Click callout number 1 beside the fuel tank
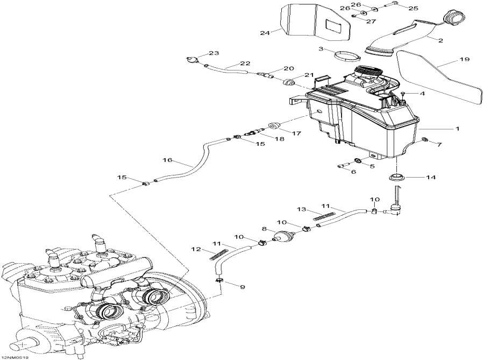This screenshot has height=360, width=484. coord(457,129)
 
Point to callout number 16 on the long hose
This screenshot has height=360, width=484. coord(167,160)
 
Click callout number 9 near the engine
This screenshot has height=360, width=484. coord(242,287)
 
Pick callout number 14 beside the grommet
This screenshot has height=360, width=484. coord(431,177)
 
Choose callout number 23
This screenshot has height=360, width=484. coord(214,53)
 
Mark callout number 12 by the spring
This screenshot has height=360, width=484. coord(196,249)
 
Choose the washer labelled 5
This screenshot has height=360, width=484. coord(357,161)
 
